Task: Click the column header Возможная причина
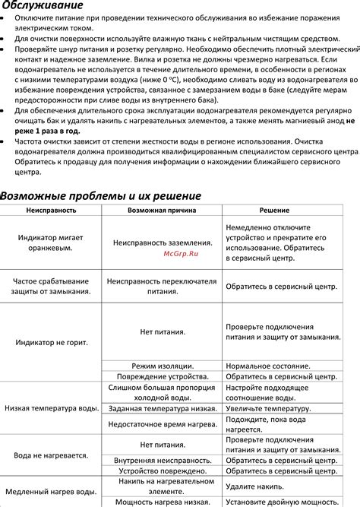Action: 163,210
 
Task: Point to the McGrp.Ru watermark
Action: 181,255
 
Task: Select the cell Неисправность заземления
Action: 163,242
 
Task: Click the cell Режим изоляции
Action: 163,366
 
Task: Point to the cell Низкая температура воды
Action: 52,408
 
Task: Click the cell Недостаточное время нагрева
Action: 163,424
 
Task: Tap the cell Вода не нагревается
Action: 50,456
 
